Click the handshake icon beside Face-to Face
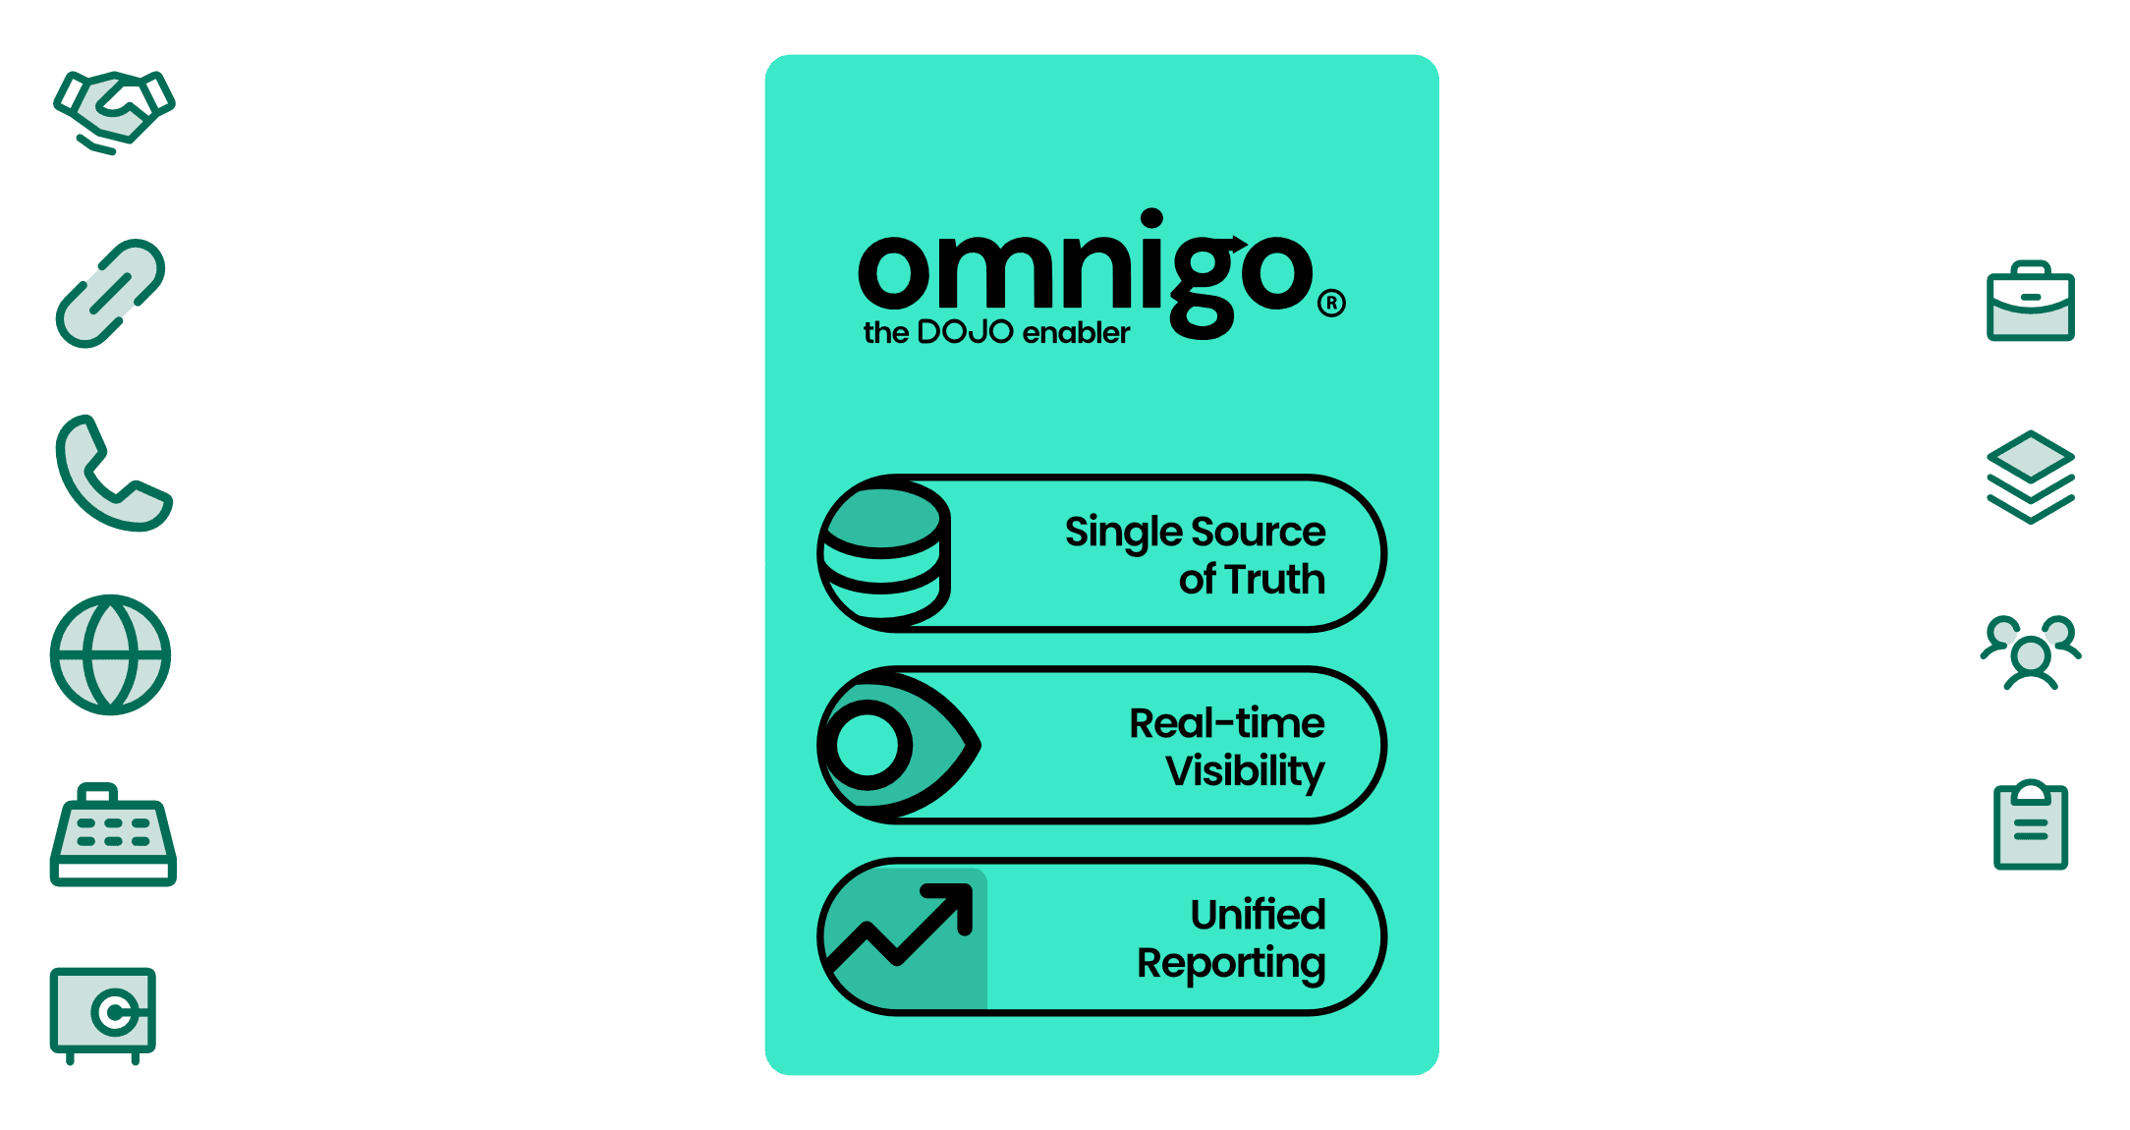point(114,110)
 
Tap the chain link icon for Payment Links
point(110,293)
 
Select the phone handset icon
point(110,474)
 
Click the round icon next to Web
point(110,654)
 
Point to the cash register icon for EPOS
point(113,836)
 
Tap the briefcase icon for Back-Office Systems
point(2030,302)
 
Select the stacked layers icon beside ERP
point(2030,477)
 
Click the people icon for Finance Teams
point(2030,651)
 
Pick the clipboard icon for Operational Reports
point(2031,826)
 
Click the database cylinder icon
point(884,553)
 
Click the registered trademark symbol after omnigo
point(1331,303)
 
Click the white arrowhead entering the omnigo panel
point(757,565)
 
